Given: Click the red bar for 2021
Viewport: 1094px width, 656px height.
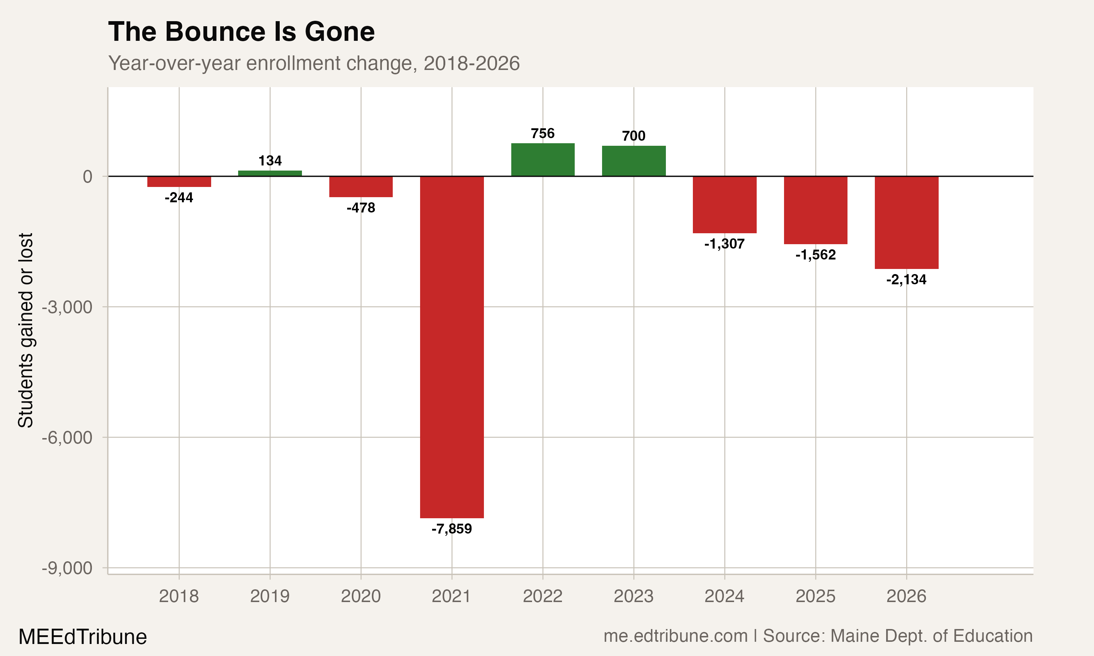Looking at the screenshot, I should coord(451,347).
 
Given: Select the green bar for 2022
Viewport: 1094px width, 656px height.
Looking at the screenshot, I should coord(543,160).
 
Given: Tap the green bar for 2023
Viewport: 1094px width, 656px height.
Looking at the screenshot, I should coord(634,161).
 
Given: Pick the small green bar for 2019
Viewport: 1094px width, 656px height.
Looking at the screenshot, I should coord(270,173).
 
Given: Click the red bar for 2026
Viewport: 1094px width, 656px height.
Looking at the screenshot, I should coord(907,222).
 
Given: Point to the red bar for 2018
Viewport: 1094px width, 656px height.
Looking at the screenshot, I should coord(179,181).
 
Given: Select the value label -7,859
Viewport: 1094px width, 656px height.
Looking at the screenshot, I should coord(451,529).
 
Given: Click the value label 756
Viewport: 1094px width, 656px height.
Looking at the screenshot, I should coord(543,133).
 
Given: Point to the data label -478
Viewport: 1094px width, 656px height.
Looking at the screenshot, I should coord(360,208).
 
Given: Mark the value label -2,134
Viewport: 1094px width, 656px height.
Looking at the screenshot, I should coord(906,280).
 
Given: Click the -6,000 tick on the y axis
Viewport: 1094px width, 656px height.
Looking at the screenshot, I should coord(67,438).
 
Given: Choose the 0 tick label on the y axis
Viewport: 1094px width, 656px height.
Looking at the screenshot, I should coord(88,177).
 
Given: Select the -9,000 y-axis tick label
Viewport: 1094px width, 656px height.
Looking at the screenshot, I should coord(67,568).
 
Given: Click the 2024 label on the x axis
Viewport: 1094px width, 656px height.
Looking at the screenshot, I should coord(724,596).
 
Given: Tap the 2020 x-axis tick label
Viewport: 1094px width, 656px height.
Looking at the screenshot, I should coord(360,596).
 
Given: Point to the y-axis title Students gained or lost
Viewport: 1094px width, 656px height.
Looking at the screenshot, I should coord(26,330).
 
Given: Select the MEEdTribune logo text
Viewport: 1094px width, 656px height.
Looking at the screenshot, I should coord(82,637).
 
